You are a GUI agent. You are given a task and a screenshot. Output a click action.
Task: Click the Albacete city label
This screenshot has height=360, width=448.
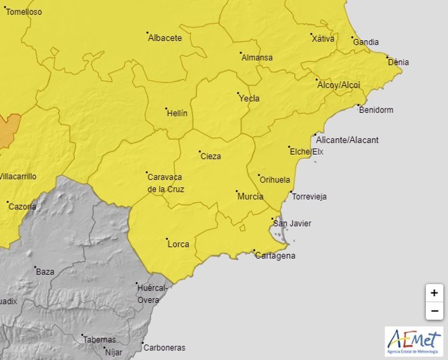165,38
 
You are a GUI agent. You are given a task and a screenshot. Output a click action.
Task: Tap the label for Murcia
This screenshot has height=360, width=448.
251,196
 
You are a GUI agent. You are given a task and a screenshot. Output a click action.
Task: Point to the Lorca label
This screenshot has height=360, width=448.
179,244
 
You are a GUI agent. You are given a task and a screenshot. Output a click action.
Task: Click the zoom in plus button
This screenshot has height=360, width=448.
434,293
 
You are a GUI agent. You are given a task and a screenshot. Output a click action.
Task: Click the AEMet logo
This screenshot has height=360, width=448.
414,341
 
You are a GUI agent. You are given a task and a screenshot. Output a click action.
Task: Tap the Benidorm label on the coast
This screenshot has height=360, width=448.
376,110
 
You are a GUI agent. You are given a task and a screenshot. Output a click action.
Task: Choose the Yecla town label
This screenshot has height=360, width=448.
249,99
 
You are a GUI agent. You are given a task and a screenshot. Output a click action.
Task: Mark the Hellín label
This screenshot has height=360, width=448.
177,113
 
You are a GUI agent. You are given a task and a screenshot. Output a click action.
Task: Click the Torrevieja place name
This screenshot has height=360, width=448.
310,196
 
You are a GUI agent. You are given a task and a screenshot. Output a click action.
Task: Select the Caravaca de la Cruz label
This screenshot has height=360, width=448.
166,183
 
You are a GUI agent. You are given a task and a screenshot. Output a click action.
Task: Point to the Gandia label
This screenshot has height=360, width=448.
367,42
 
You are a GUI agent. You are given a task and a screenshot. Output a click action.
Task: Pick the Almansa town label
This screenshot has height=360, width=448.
257,57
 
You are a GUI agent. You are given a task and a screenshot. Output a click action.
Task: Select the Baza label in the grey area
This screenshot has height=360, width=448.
45,272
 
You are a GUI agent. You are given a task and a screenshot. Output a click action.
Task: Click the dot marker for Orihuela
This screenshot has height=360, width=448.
258,175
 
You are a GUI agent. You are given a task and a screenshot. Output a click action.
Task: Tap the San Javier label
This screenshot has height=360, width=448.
292,224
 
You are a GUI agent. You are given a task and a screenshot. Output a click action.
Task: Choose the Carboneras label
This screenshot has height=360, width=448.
164,347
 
